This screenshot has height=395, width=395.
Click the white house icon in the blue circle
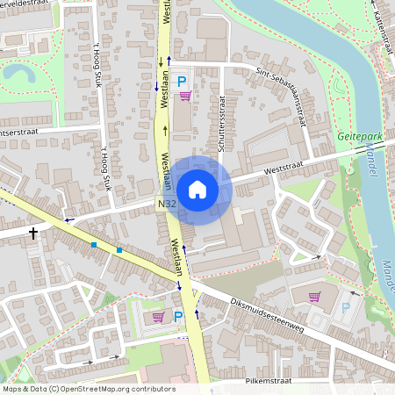pos(197,190)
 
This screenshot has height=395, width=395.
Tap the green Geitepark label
pos(360,138)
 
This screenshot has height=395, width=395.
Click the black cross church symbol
pos(33,233)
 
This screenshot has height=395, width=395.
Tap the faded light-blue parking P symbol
pos(345,308)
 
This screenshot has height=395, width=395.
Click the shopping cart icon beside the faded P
pos(314,297)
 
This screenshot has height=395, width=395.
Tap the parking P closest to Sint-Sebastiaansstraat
pos(183,81)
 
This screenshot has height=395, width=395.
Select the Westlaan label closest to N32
pos(169,176)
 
